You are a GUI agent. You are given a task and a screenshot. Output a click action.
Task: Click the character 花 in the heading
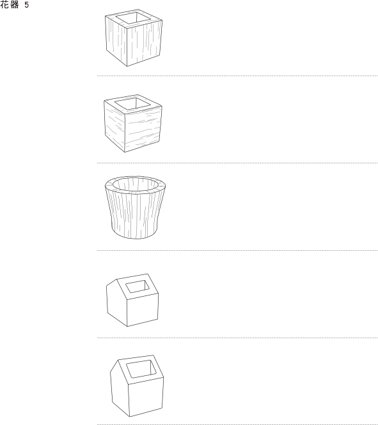click(4, 4)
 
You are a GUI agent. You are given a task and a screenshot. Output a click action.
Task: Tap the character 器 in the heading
click(15, 4)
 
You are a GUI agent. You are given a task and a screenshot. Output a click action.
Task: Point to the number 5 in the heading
click(26, 5)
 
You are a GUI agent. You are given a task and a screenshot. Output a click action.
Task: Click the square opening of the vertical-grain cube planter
click(134, 19)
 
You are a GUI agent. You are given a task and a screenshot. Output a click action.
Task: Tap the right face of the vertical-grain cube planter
click(145, 43)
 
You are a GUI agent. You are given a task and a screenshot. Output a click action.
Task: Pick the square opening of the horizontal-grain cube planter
click(132, 104)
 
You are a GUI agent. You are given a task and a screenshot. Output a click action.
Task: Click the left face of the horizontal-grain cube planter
click(114, 126)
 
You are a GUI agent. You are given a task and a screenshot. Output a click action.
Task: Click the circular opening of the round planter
click(135, 185)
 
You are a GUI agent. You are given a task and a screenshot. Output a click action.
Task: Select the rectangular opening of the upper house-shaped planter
click(138, 287)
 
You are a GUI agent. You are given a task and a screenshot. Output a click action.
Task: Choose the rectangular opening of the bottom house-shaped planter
click(141, 369)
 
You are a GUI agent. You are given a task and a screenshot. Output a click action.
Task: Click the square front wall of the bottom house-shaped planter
click(145, 396)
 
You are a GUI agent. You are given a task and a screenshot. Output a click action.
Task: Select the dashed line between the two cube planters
click(237, 76)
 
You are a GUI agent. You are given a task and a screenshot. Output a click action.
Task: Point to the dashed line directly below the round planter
click(237, 250)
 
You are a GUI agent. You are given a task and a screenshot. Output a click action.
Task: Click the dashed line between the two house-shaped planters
click(237, 338)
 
